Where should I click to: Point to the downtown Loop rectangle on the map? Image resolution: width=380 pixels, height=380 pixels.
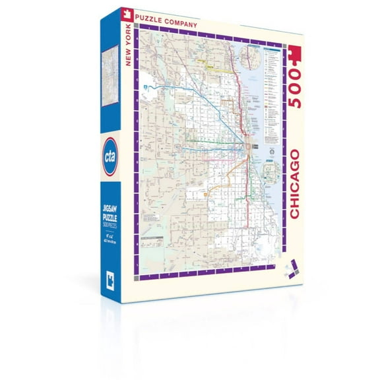pyautogui.click(x=246, y=146)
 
